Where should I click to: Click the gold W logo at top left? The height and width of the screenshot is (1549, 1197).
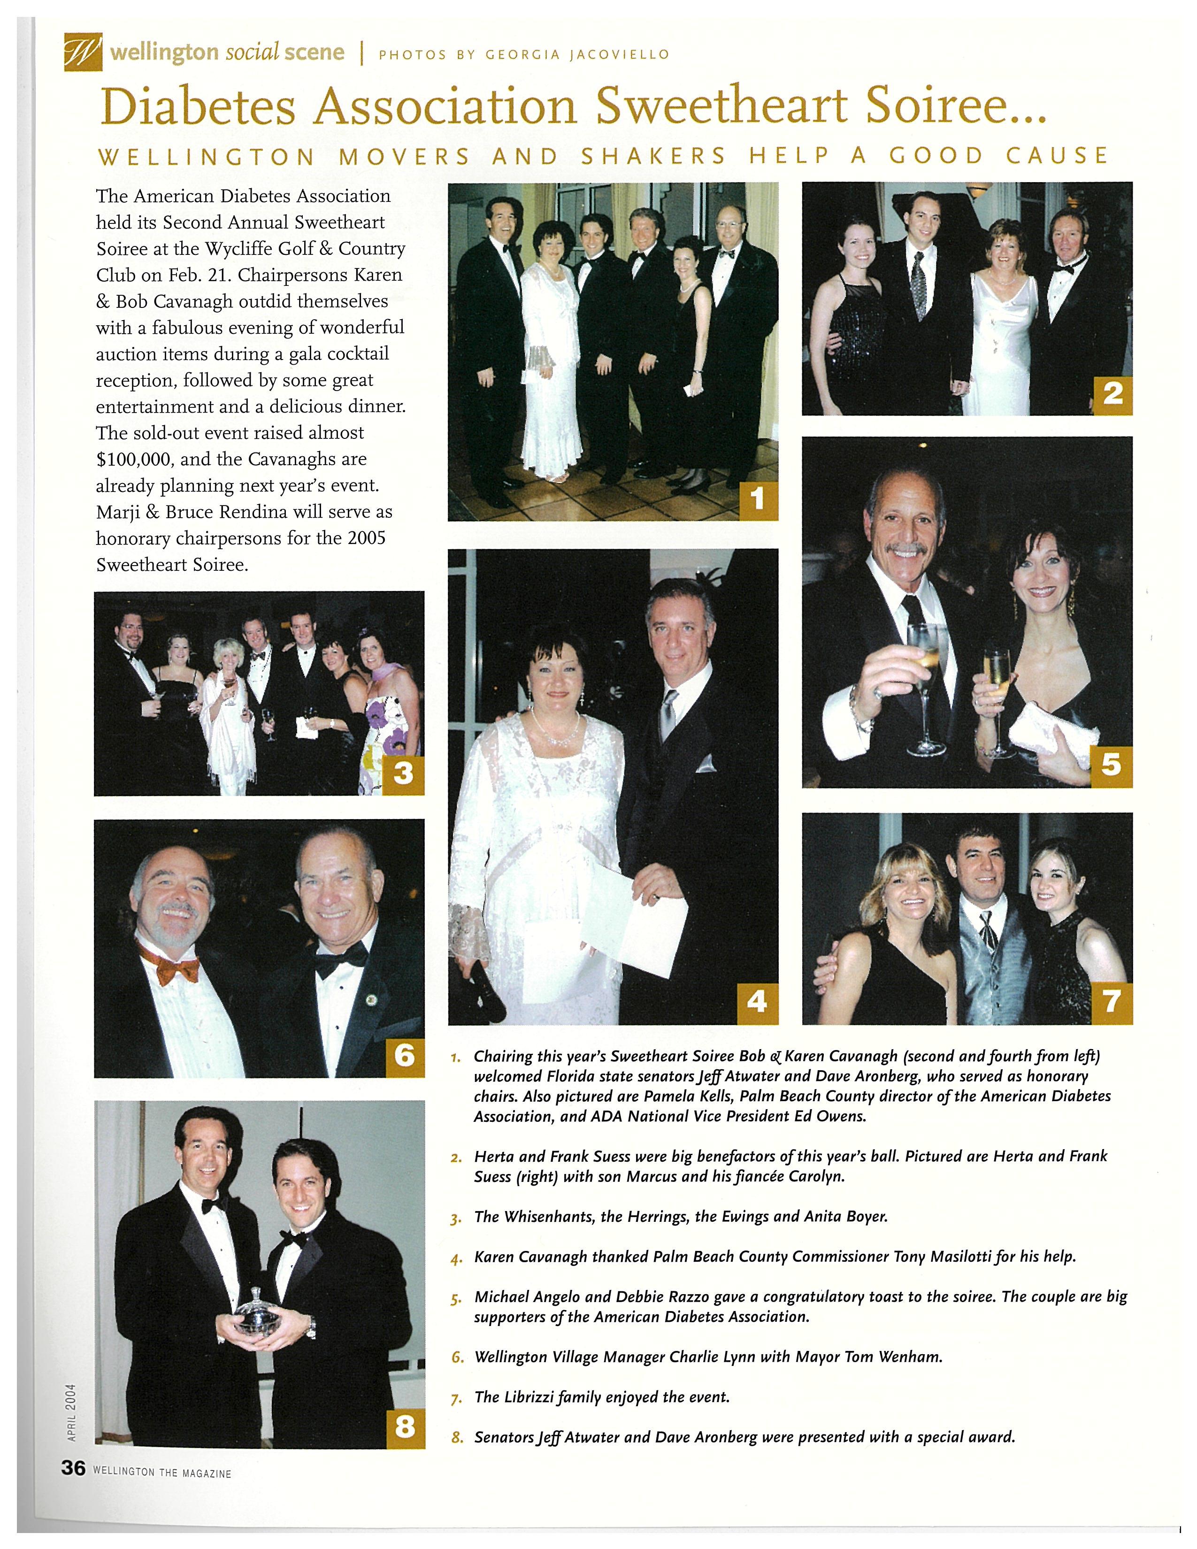click(83, 53)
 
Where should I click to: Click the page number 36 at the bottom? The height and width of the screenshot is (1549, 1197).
click(73, 1471)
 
